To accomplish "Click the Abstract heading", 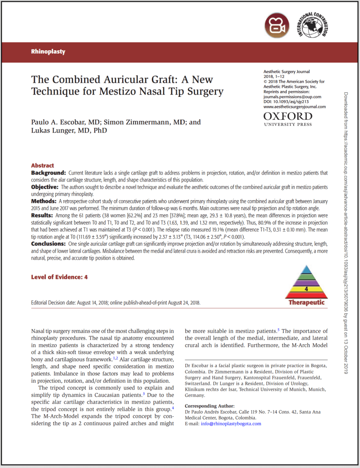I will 43,165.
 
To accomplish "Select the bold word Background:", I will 48,173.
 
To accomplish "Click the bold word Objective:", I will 45,187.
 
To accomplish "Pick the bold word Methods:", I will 44,201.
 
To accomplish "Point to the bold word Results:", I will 43,215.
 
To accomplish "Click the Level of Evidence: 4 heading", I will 59,277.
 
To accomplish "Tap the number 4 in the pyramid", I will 306,289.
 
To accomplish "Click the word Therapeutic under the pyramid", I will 306,302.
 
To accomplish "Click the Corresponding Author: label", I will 210,406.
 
